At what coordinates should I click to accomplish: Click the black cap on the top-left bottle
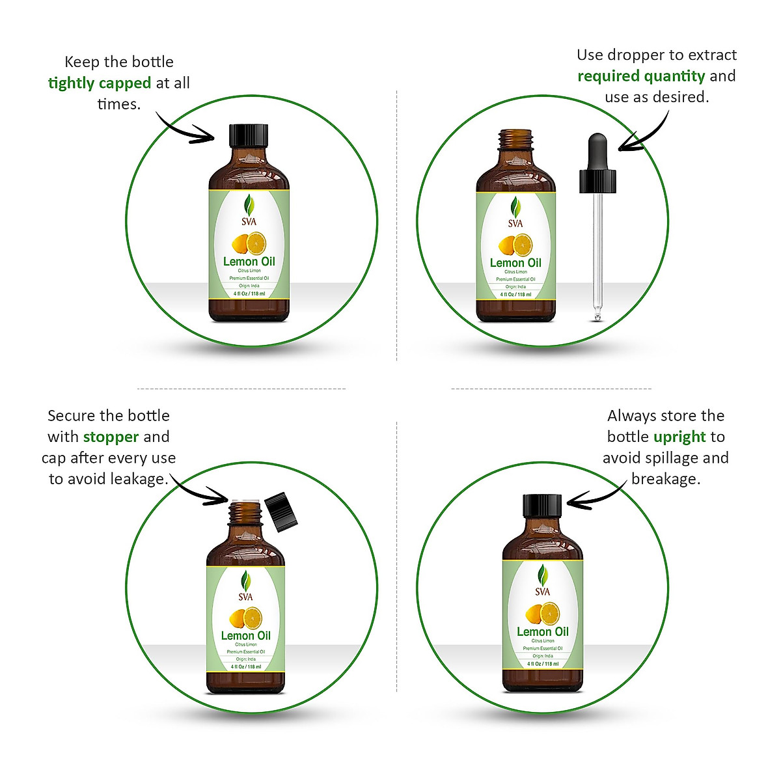pyautogui.click(x=249, y=135)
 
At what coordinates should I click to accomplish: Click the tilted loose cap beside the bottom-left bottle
pyautogui.click(x=281, y=512)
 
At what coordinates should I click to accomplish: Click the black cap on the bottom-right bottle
pyautogui.click(x=542, y=506)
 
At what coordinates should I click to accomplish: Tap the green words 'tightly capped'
pyautogui.click(x=100, y=83)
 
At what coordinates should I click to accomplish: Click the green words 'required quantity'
pyautogui.click(x=641, y=76)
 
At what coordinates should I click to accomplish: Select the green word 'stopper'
pyautogui.click(x=111, y=437)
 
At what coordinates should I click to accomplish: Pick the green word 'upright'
pyautogui.click(x=679, y=437)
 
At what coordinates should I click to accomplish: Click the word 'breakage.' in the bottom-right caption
pyautogui.click(x=665, y=479)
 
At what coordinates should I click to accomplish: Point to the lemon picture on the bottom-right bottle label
pyautogui.click(x=542, y=613)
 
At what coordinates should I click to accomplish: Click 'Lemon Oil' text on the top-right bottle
pyautogui.click(x=515, y=263)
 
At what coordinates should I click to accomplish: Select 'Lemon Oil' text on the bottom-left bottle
pyautogui.click(x=246, y=636)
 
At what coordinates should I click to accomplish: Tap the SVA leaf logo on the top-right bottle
pyautogui.click(x=515, y=212)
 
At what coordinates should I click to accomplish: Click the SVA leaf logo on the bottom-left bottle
pyautogui.click(x=246, y=584)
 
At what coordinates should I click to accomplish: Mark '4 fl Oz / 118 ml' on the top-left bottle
pyautogui.click(x=249, y=294)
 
